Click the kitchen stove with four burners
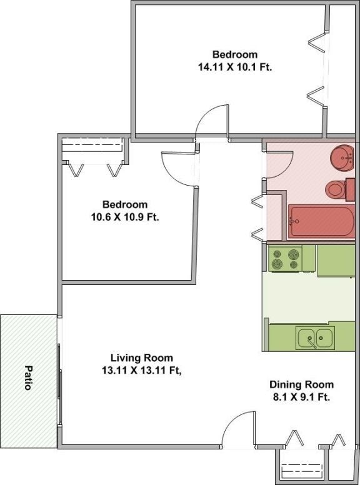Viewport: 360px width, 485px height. tap(285, 258)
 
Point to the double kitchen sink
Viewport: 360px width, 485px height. tap(316, 339)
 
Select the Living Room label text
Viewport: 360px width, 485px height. tap(141, 358)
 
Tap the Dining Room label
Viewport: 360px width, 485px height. tap(301, 384)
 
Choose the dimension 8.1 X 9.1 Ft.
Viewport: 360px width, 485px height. tap(301, 397)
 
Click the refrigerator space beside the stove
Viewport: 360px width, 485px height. tap(336, 260)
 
